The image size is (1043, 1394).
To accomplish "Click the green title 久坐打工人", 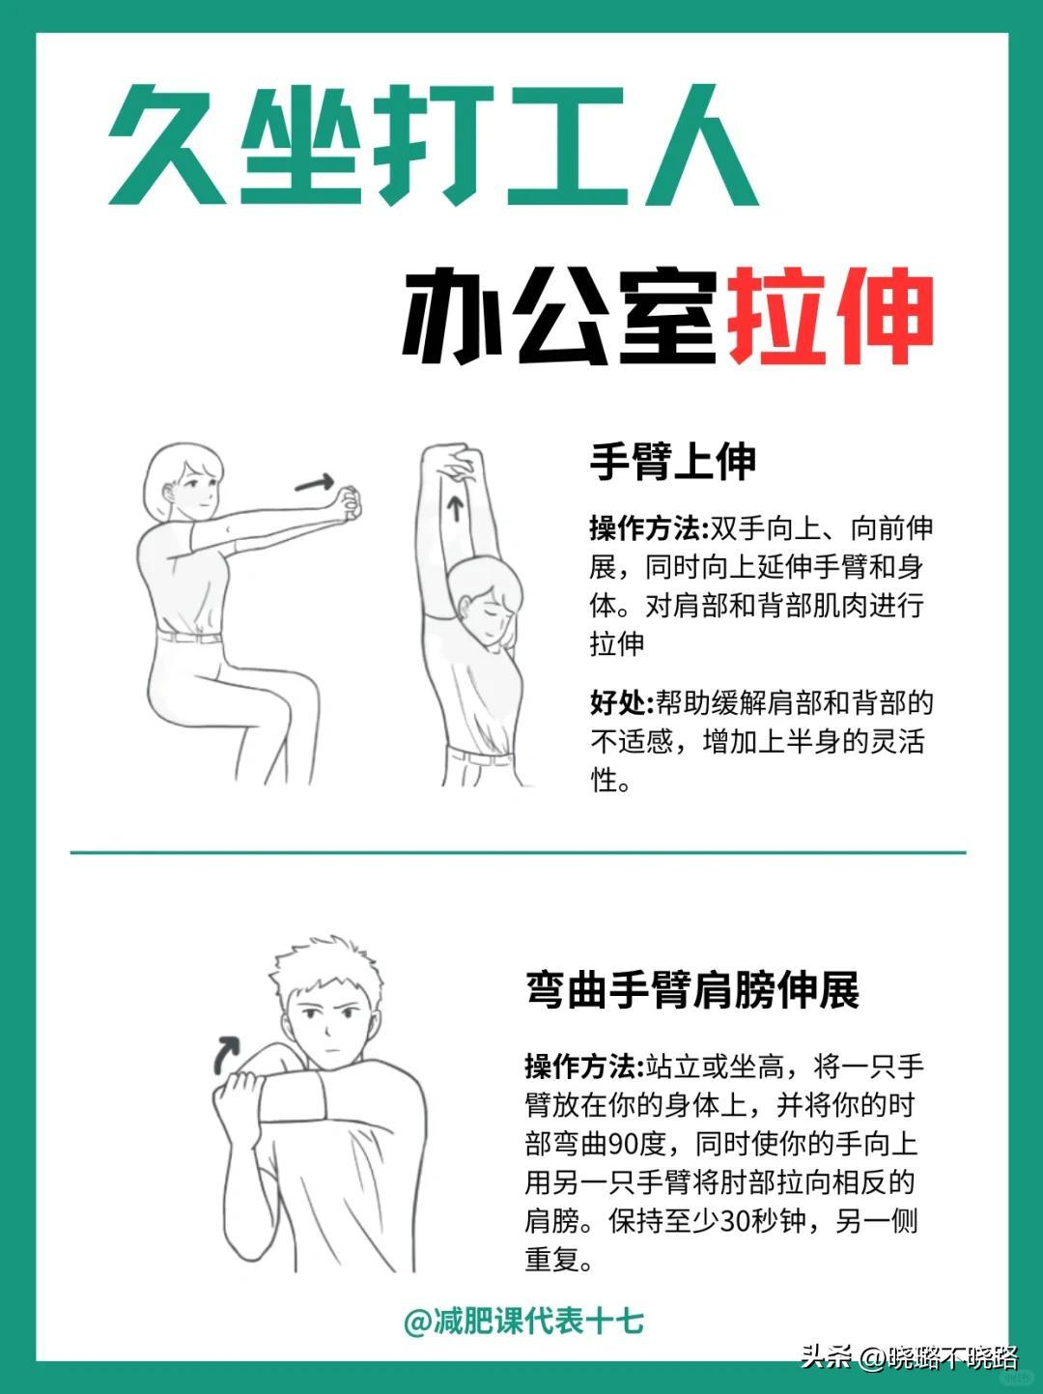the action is coord(434,145).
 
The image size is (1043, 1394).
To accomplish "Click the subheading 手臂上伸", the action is coord(673,462).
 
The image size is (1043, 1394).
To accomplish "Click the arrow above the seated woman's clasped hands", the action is coord(315,483).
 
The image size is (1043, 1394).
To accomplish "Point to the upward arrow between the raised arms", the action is coord(456,508).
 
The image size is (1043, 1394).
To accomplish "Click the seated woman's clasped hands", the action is coord(348,501).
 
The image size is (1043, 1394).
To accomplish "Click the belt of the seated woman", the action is coord(189,636).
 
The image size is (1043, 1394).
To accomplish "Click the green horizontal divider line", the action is coord(518,852).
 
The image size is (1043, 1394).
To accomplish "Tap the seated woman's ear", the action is coord(168,493).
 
